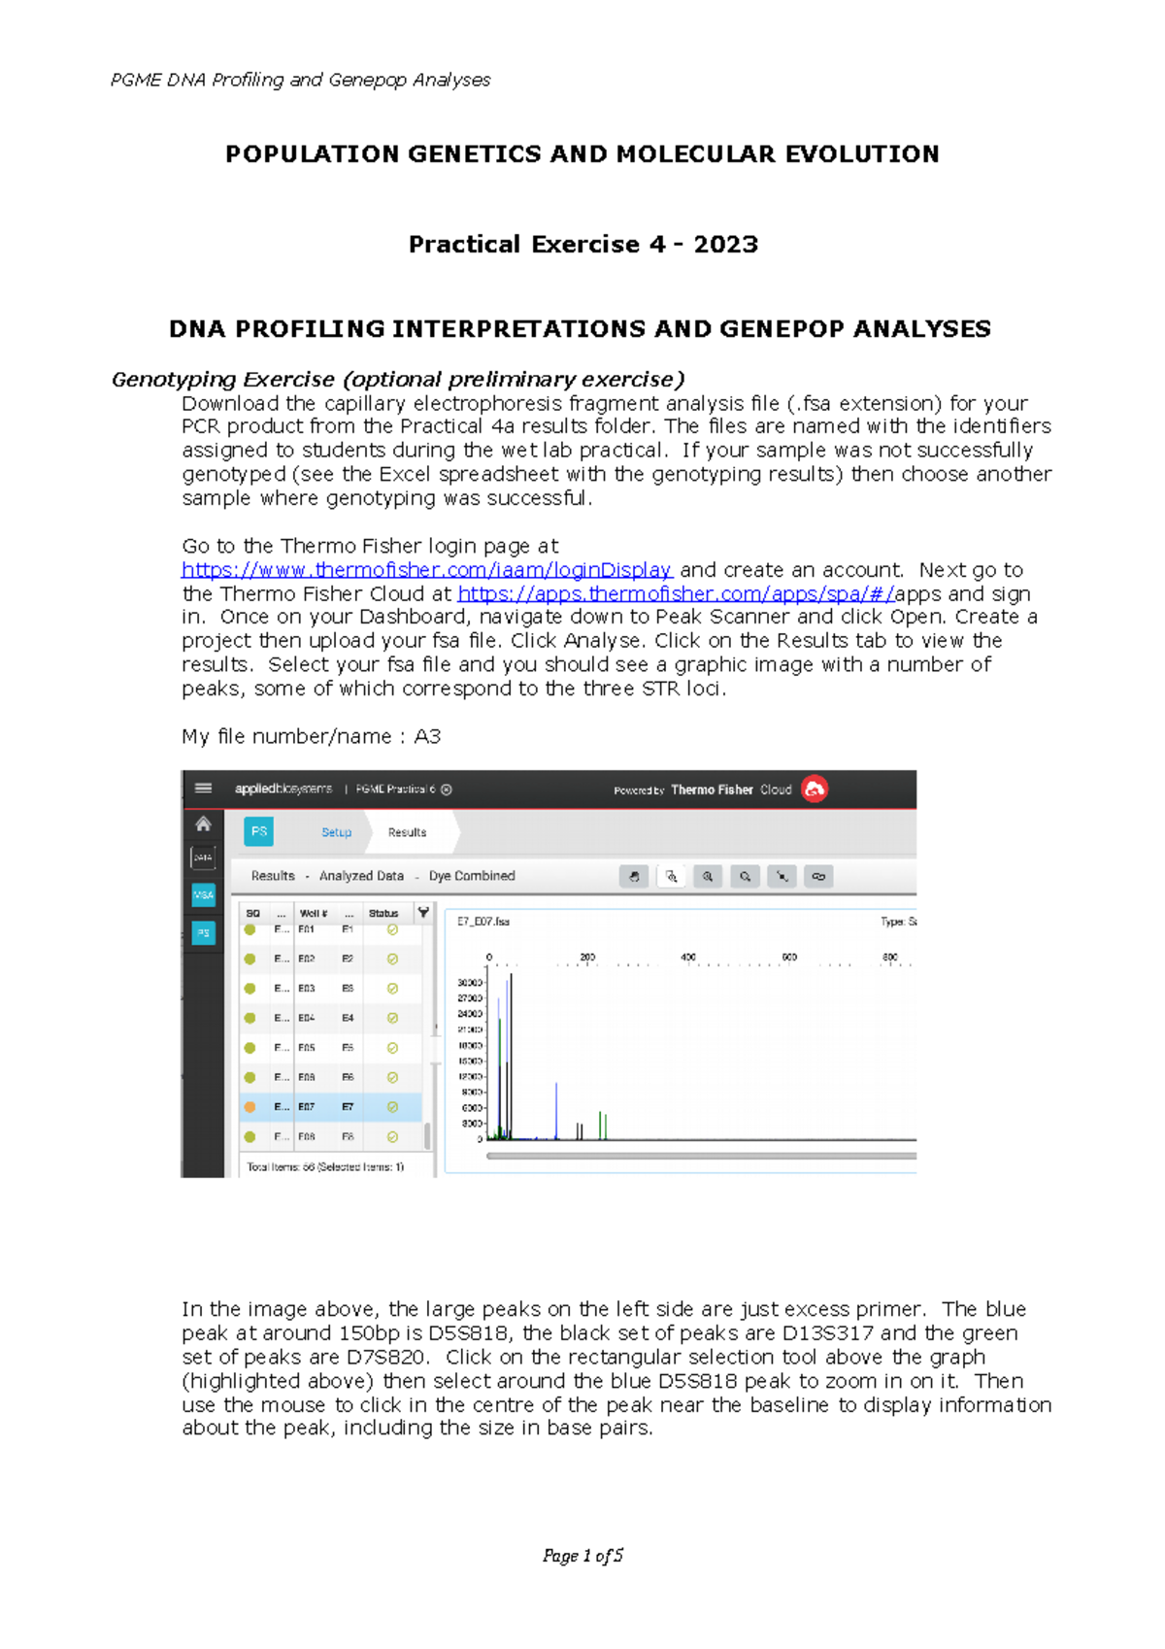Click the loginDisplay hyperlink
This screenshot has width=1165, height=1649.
pyautogui.click(x=426, y=570)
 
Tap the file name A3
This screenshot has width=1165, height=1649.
pyautogui.click(x=427, y=736)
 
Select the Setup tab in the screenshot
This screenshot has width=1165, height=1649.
pyautogui.click(x=336, y=832)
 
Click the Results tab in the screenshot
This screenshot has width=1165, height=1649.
pyautogui.click(x=407, y=832)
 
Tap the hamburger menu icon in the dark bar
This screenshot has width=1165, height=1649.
pyautogui.click(x=203, y=789)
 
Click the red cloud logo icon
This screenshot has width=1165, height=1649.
pyautogui.click(x=815, y=790)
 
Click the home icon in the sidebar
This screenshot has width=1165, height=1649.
pyautogui.click(x=203, y=824)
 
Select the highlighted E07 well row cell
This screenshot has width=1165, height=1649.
pyautogui.click(x=306, y=1107)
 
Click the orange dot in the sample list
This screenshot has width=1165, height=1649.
pyautogui.click(x=250, y=1107)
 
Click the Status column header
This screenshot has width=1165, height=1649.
pyautogui.click(x=383, y=913)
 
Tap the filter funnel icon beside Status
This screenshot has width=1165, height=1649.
pyautogui.click(x=423, y=913)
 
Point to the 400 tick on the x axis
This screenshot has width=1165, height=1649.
pyautogui.click(x=688, y=958)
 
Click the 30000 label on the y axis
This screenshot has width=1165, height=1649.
pyautogui.click(x=470, y=983)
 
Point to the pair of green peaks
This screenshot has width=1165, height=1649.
pyautogui.click(x=603, y=1127)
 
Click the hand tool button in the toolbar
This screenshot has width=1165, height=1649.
pyautogui.click(x=634, y=876)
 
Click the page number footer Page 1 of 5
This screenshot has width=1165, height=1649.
pyautogui.click(x=582, y=1556)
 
